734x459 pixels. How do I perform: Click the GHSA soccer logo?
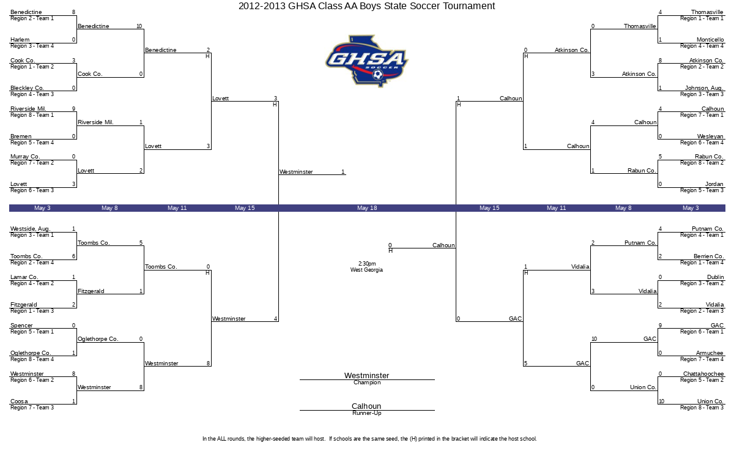(367, 61)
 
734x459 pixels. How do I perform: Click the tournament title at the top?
(366, 6)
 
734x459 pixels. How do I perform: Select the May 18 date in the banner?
(367, 208)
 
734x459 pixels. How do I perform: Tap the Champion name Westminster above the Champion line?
(366, 375)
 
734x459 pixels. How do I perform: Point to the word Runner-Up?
(366, 413)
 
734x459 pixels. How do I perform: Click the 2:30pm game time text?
(367, 264)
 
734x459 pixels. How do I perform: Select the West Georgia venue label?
(366, 270)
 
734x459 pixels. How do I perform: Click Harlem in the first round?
(20, 40)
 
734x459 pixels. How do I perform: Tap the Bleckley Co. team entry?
(27, 88)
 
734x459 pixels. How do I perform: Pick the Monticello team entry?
(710, 40)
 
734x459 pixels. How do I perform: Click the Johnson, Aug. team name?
(704, 88)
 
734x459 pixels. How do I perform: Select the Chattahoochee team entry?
(703, 374)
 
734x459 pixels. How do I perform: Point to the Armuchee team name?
(710, 353)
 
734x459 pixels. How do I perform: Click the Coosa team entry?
(19, 401)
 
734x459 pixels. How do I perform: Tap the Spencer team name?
(21, 326)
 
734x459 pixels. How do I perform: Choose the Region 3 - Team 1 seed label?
(32, 235)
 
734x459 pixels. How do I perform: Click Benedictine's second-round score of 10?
(139, 26)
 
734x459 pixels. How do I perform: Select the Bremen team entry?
(21, 136)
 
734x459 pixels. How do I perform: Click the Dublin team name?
(715, 277)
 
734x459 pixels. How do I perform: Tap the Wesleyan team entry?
(710, 136)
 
